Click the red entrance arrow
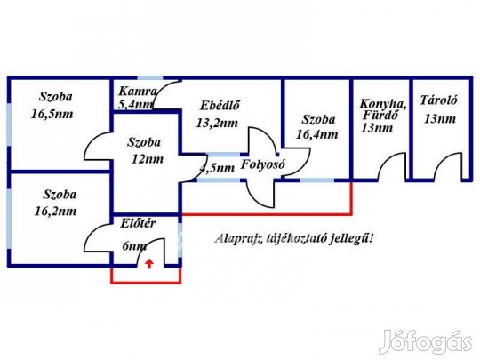[149, 264]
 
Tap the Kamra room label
[138, 92]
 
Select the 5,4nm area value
[135, 105]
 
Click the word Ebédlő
[220, 106]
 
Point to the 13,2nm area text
[217, 123]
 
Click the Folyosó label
[262, 164]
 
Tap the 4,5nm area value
[217, 168]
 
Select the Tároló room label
[439, 100]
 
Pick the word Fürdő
[380, 115]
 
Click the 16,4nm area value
[316, 134]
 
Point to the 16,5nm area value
[52, 114]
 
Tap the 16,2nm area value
[55, 212]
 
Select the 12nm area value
[148, 159]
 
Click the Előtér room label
[138, 223]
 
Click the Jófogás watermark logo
[426, 341]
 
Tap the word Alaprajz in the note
[238, 238]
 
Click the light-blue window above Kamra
[149, 77]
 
